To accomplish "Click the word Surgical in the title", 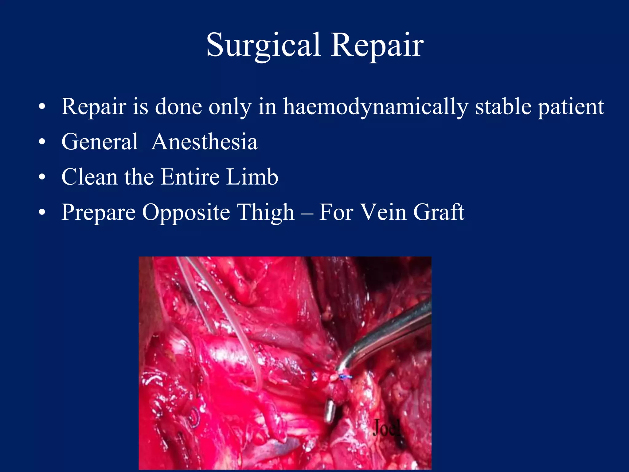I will pyautogui.click(x=264, y=45).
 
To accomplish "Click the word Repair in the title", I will pyautogui.click(x=377, y=45).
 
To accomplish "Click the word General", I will pyautogui.click(x=100, y=142).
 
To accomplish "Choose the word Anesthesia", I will pyautogui.click(x=205, y=142).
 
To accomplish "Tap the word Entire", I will pyautogui.click(x=190, y=177).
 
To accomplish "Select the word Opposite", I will pyautogui.click(x=186, y=213).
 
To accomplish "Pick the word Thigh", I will pyautogui.click(x=266, y=213).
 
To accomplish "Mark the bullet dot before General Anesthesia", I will pyautogui.click(x=42, y=142).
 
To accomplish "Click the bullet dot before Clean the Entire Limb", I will pyautogui.click(x=42, y=177).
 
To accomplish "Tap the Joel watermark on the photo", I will pyautogui.click(x=386, y=427).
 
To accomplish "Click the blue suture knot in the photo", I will pyautogui.click(x=345, y=376).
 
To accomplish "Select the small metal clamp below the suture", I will pyautogui.click(x=330, y=411).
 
